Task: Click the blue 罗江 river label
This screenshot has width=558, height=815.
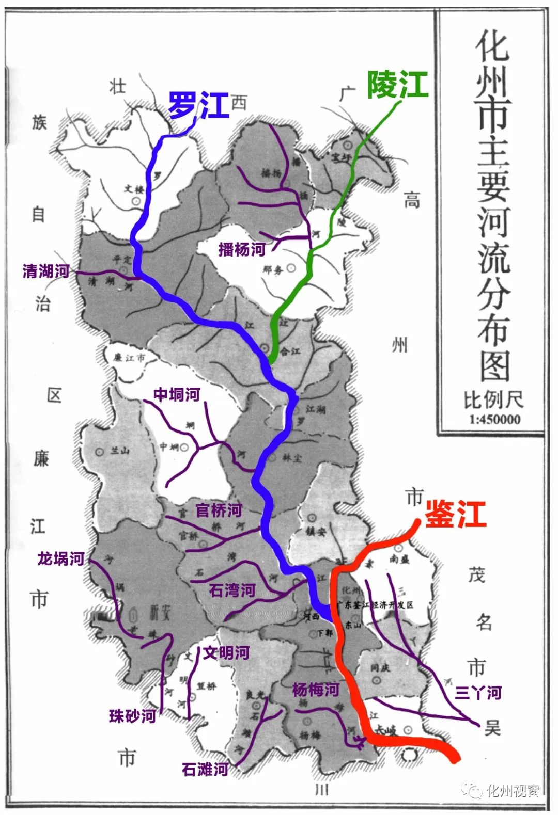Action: tap(199, 106)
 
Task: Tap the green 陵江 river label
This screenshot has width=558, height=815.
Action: tap(398, 85)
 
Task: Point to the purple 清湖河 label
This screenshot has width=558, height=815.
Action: tap(46, 271)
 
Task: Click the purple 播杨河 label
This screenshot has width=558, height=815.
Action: tap(242, 249)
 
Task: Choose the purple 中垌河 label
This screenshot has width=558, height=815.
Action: tap(177, 395)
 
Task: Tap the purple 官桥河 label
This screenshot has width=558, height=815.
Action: tap(219, 510)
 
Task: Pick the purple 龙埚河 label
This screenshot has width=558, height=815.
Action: tap(60, 558)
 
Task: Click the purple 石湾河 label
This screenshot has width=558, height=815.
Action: tap(232, 590)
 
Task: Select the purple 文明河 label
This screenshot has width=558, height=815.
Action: tap(226, 652)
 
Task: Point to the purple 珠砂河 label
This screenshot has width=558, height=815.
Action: tap(132, 716)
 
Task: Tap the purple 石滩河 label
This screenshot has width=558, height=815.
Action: tap(205, 770)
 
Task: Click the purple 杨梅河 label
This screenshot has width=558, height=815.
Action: tap(316, 690)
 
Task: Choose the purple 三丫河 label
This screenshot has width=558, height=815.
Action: tap(478, 693)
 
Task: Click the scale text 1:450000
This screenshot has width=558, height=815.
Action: tap(494, 420)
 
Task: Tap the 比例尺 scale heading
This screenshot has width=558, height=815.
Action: tap(493, 399)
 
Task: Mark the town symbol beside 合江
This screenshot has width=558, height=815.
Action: tap(266, 347)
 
